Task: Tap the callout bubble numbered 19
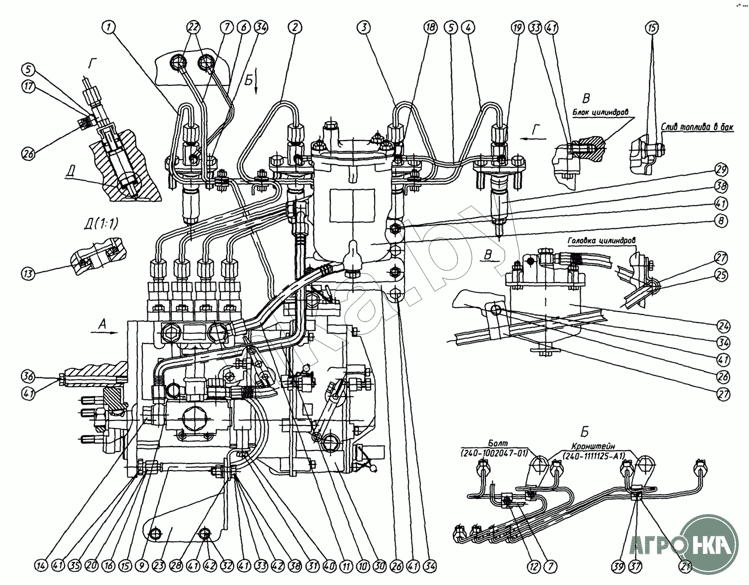(x=517, y=27)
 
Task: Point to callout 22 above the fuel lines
(x=193, y=27)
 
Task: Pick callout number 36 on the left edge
(x=28, y=375)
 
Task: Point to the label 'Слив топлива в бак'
(x=698, y=128)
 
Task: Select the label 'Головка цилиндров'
(x=602, y=240)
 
